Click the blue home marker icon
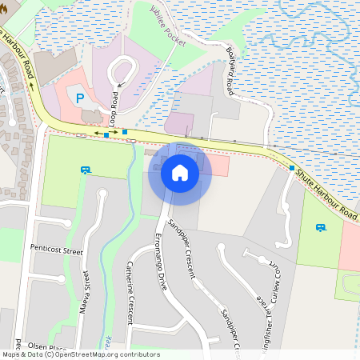click(x=180, y=173)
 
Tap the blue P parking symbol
click(x=79, y=98)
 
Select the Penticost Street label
click(x=57, y=250)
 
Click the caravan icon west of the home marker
click(x=86, y=170)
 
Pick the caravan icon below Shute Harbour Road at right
click(x=321, y=228)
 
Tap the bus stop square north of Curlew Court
click(x=291, y=168)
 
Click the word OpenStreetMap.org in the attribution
click(x=99, y=354)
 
